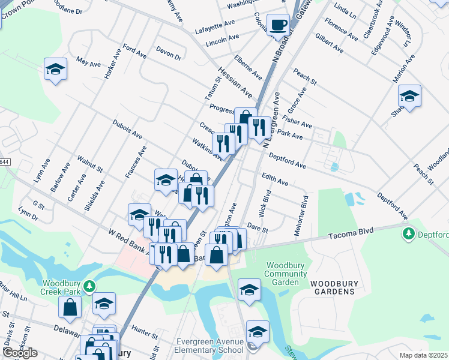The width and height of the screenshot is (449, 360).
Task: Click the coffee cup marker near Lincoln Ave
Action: (x=277, y=25)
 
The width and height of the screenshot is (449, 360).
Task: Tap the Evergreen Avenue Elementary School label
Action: (x=210, y=346)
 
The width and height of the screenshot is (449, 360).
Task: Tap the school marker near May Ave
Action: (x=55, y=70)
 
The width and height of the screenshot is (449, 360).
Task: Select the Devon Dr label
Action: (x=168, y=53)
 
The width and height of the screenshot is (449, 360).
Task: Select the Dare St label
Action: (x=257, y=227)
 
